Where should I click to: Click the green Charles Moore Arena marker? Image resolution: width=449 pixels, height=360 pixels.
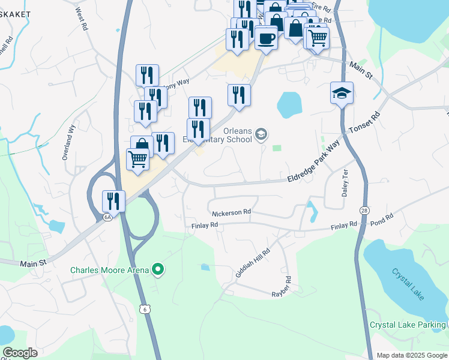[158, 270]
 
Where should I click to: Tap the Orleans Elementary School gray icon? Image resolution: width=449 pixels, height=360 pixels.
[261, 134]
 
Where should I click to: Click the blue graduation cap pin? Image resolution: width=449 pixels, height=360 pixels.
[342, 94]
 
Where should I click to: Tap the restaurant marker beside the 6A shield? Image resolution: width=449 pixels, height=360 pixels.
[113, 200]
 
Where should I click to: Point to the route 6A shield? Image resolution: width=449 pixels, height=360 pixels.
[107, 217]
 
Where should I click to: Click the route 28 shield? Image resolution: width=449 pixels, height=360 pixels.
[364, 211]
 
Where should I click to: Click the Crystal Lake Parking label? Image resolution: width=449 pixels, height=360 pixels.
[408, 325]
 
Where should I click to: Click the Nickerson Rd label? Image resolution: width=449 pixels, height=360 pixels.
[231, 212]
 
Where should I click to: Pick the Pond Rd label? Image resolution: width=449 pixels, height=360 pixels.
[381, 218]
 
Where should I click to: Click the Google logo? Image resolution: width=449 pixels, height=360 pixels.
[20, 353]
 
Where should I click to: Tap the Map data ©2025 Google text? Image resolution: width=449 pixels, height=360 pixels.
[411, 355]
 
